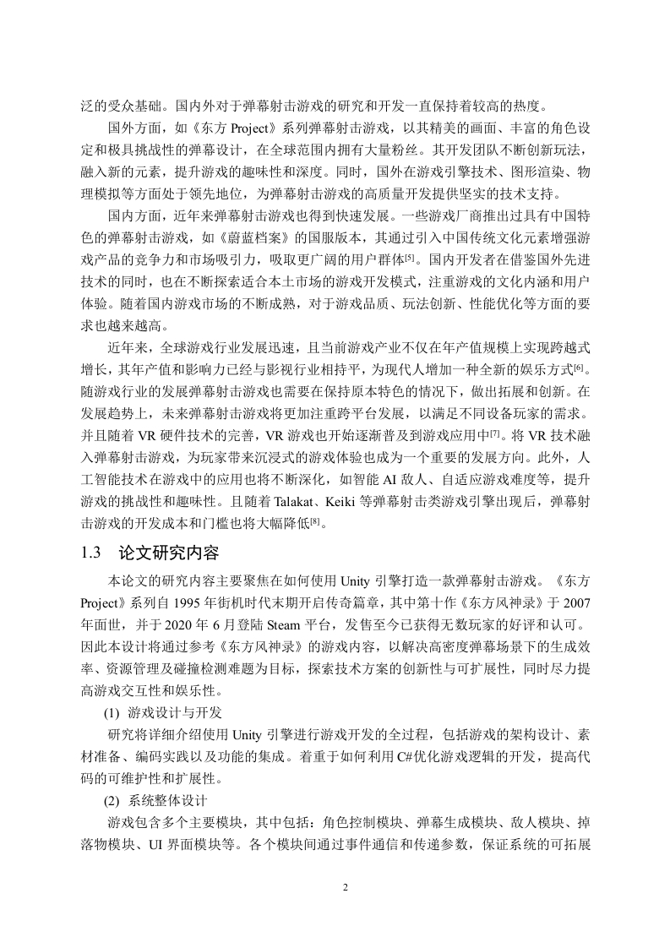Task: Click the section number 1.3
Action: pos(92,554)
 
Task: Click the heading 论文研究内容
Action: pos(168,554)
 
